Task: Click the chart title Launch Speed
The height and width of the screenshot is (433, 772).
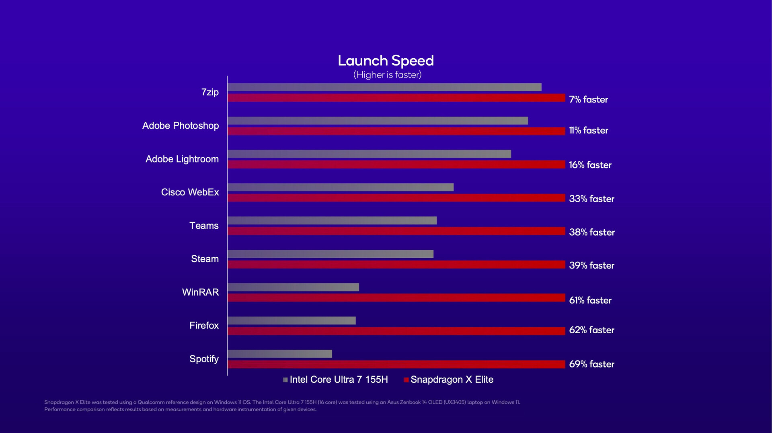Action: pos(386,61)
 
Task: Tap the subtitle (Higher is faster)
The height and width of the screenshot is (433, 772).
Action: pos(387,75)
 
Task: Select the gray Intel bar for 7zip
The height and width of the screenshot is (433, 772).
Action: pos(384,87)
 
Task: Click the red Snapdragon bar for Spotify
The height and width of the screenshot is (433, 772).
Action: pos(396,364)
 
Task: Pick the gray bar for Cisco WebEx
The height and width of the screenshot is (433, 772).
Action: pos(340,187)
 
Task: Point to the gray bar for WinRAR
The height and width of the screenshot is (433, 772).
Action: pos(293,287)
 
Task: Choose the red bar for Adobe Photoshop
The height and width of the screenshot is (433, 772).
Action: pos(396,131)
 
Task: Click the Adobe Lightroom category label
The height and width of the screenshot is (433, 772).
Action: pos(182,159)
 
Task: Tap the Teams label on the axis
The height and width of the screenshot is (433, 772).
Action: pos(204,226)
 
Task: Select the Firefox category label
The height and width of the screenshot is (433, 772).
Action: pos(204,325)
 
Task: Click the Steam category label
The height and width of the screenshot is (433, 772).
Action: pos(205,259)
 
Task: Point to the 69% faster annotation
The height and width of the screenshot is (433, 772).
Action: pos(591,364)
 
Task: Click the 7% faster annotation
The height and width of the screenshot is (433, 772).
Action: pos(588,99)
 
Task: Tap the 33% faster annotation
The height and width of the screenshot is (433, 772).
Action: pos(591,199)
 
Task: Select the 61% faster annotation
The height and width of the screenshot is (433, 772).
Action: pos(590,300)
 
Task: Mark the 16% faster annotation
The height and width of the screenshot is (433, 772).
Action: pos(590,165)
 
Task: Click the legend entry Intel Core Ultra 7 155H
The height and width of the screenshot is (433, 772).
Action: pos(339,380)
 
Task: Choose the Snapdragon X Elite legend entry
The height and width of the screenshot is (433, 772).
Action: pos(452,380)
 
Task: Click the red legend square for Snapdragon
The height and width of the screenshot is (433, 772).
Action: pos(406,380)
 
